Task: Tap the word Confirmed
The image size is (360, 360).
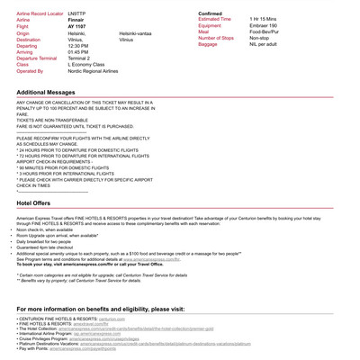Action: coord(210,13)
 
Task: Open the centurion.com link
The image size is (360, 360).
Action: coord(112,319)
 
